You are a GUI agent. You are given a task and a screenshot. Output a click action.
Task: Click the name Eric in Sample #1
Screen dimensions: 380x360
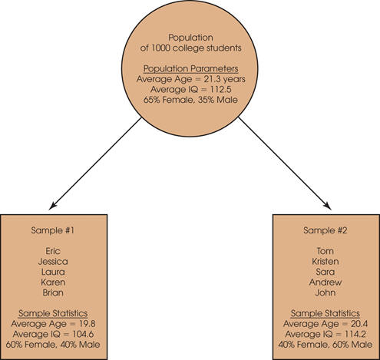click(x=53, y=251)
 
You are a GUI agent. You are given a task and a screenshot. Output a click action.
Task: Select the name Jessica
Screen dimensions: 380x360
click(x=53, y=262)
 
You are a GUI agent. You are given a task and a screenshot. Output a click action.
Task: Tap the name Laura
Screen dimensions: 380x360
click(x=53, y=272)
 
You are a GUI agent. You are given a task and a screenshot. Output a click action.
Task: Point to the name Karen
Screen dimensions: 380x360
click(x=53, y=282)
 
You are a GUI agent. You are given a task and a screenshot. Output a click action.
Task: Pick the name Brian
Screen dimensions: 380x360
click(x=53, y=292)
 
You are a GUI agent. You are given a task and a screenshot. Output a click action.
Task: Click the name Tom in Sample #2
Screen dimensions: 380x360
click(x=325, y=251)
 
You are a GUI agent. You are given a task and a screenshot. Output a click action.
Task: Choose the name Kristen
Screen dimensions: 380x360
click(x=325, y=262)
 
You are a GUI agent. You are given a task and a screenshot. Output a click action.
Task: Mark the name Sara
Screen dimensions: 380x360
click(x=325, y=272)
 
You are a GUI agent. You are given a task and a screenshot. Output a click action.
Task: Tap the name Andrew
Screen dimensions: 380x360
click(x=325, y=282)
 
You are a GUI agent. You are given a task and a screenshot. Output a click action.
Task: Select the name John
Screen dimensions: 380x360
click(x=325, y=292)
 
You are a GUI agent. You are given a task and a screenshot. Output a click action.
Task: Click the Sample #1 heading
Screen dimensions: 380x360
click(x=53, y=230)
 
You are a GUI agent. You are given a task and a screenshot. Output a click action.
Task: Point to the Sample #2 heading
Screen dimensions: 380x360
click(x=325, y=230)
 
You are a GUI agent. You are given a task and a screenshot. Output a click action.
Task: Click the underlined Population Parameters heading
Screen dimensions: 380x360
click(x=191, y=69)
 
